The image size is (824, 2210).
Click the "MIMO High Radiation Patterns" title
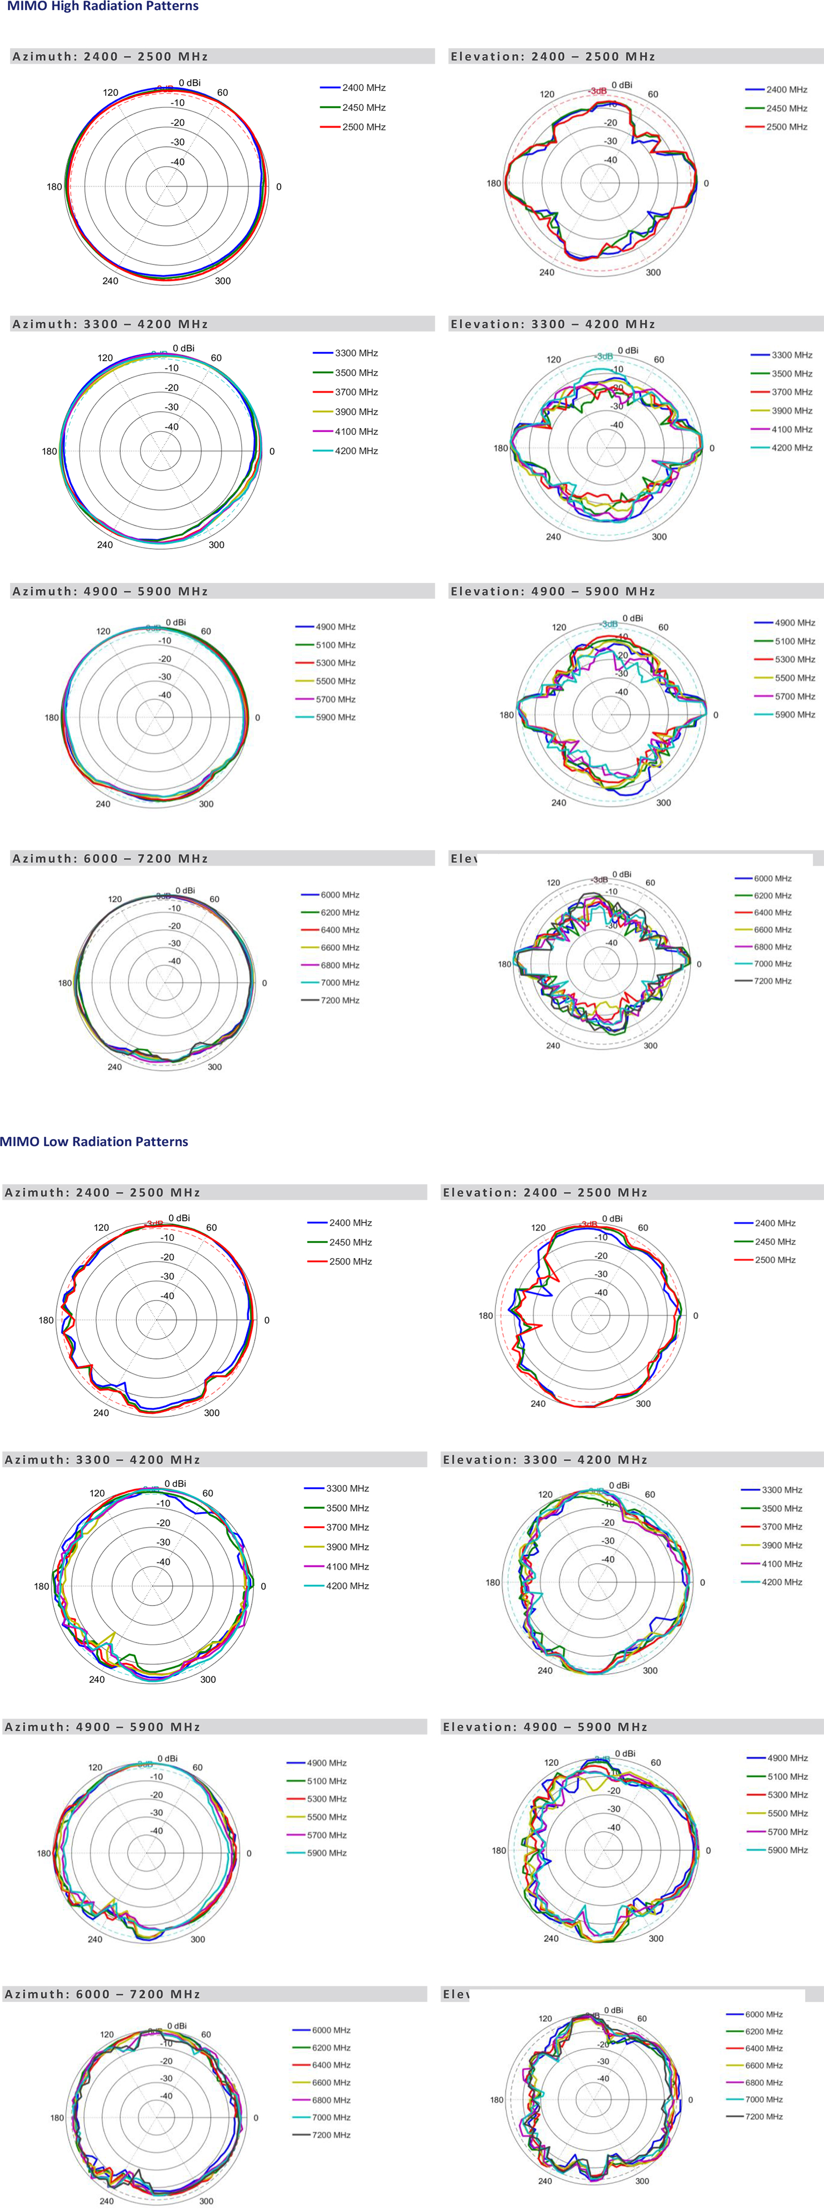pyautogui.click(x=103, y=6)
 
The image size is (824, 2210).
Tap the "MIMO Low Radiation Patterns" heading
pyautogui.click(x=94, y=1141)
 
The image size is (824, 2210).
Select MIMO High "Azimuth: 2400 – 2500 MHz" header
pyautogui.click(x=110, y=57)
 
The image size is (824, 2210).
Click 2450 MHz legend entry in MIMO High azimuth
pyautogui.click(x=363, y=107)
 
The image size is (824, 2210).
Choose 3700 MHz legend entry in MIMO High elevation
pyautogui.click(x=791, y=392)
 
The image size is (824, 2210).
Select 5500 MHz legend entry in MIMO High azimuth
pyautogui.click(x=335, y=681)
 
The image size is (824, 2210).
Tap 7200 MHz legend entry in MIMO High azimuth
pyautogui.click(x=340, y=1000)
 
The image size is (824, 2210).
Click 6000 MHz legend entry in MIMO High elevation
pyautogui.click(x=772, y=878)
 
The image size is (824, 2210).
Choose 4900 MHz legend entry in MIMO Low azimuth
pyautogui.click(x=326, y=1763)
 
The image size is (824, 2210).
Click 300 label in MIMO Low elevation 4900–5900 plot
pyautogui.click(x=656, y=1938)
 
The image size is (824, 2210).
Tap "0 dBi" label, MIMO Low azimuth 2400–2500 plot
pyautogui.click(x=179, y=1218)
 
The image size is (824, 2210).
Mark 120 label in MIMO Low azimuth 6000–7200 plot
pyautogui.click(x=106, y=2034)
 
